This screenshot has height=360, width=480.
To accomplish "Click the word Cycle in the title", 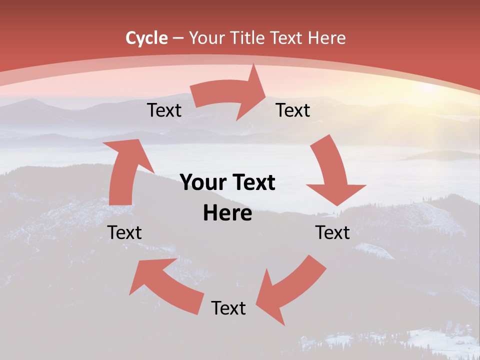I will click(x=146, y=38).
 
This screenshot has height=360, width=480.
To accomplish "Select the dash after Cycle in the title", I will click(x=178, y=38).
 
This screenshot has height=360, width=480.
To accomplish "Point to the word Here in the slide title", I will click(x=326, y=38).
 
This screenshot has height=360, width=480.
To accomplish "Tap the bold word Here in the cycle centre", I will click(x=227, y=213).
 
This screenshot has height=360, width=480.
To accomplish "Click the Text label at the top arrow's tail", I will click(x=164, y=110).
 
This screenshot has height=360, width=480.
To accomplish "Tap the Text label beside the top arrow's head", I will click(x=293, y=110).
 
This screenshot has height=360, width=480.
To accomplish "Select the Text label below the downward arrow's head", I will click(x=332, y=232).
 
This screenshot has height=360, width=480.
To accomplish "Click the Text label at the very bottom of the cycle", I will click(x=228, y=308).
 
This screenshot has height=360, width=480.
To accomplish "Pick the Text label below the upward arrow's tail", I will click(x=124, y=232).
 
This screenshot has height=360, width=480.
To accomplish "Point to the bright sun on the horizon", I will click(x=430, y=88).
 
